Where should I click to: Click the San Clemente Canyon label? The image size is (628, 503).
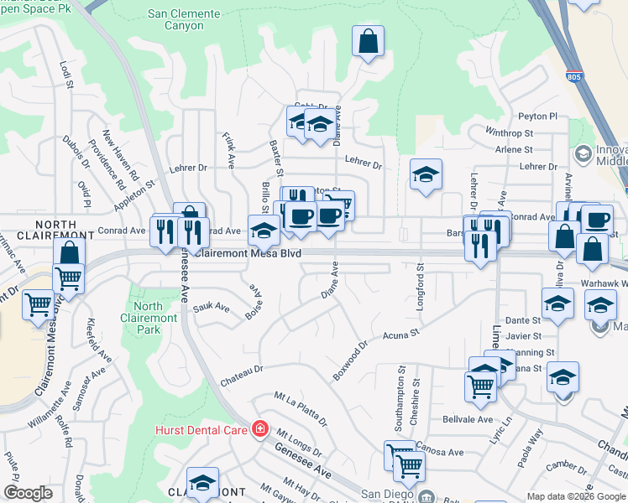(x=184, y=20)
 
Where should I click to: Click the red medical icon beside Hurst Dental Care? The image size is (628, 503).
(x=259, y=429)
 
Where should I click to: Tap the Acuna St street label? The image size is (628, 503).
(x=400, y=335)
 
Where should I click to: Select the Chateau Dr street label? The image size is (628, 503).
(x=242, y=369)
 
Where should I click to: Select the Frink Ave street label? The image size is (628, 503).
(x=228, y=149)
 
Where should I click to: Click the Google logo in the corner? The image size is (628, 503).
(x=28, y=493)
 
